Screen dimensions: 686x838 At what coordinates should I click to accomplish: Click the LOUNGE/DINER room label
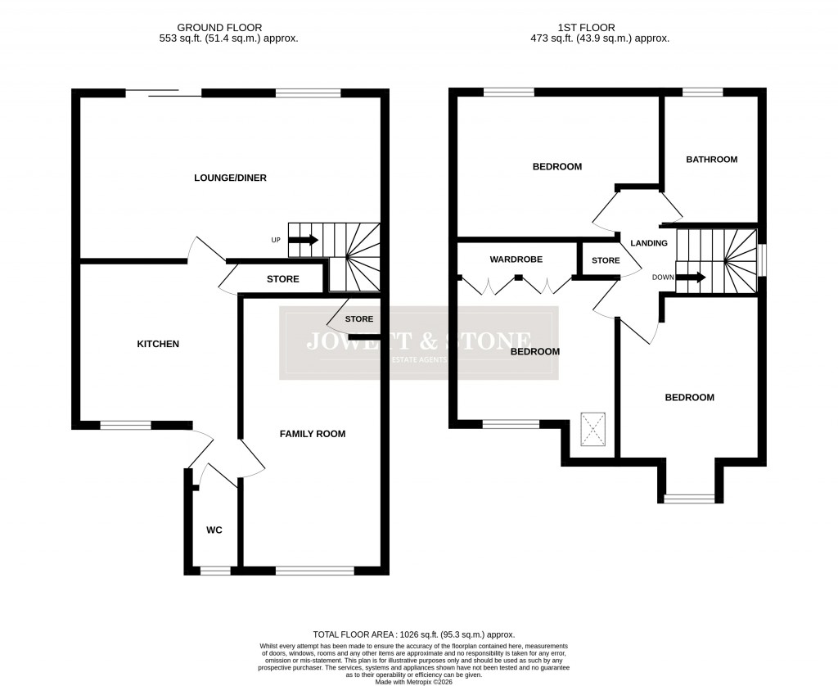(x=230, y=178)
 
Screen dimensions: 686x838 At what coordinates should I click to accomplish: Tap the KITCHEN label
(x=157, y=344)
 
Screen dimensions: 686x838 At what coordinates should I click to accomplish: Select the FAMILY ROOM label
(x=313, y=434)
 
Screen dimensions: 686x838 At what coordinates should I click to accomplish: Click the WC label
(x=214, y=530)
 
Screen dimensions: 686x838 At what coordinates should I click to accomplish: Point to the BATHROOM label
(x=711, y=160)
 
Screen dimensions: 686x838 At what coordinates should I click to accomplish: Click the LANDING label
(x=648, y=243)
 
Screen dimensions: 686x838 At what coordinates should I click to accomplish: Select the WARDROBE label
(x=516, y=260)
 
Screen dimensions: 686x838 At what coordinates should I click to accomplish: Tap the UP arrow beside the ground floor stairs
(x=303, y=240)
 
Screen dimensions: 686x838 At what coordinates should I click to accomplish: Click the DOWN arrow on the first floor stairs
(x=691, y=278)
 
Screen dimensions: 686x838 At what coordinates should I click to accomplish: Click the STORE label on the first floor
(x=606, y=261)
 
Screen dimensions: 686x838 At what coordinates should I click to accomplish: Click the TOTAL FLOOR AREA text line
(x=413, y=634)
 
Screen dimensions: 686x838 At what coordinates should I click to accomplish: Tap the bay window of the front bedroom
(x=689, y=498)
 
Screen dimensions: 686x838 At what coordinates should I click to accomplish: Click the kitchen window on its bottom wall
(x=126, y=425)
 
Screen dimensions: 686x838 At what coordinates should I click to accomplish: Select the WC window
(x=215, y=571)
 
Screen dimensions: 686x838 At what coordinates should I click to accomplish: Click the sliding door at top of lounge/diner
(x=164, y=93)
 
